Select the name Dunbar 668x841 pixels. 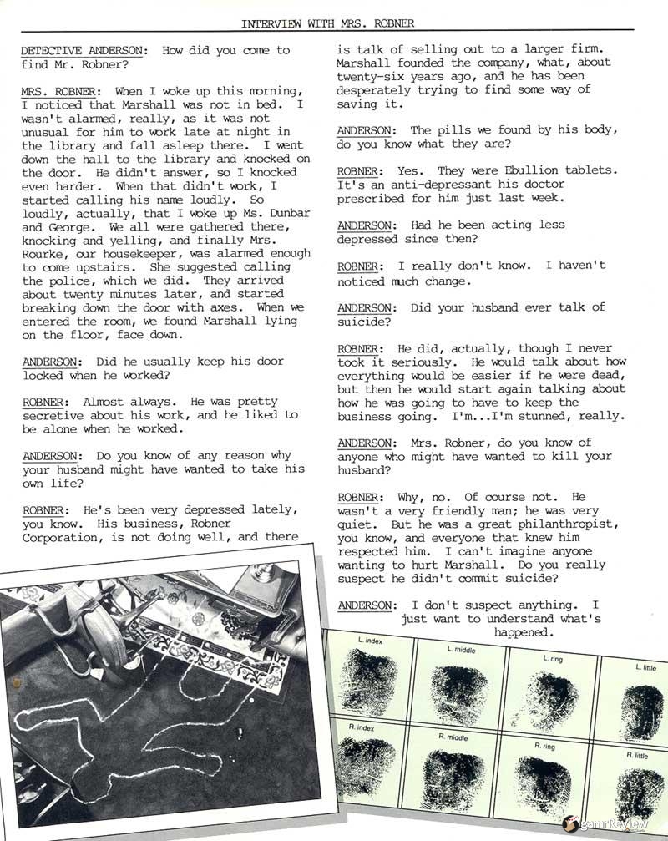(285, 213)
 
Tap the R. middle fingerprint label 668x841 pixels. (453, 737)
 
